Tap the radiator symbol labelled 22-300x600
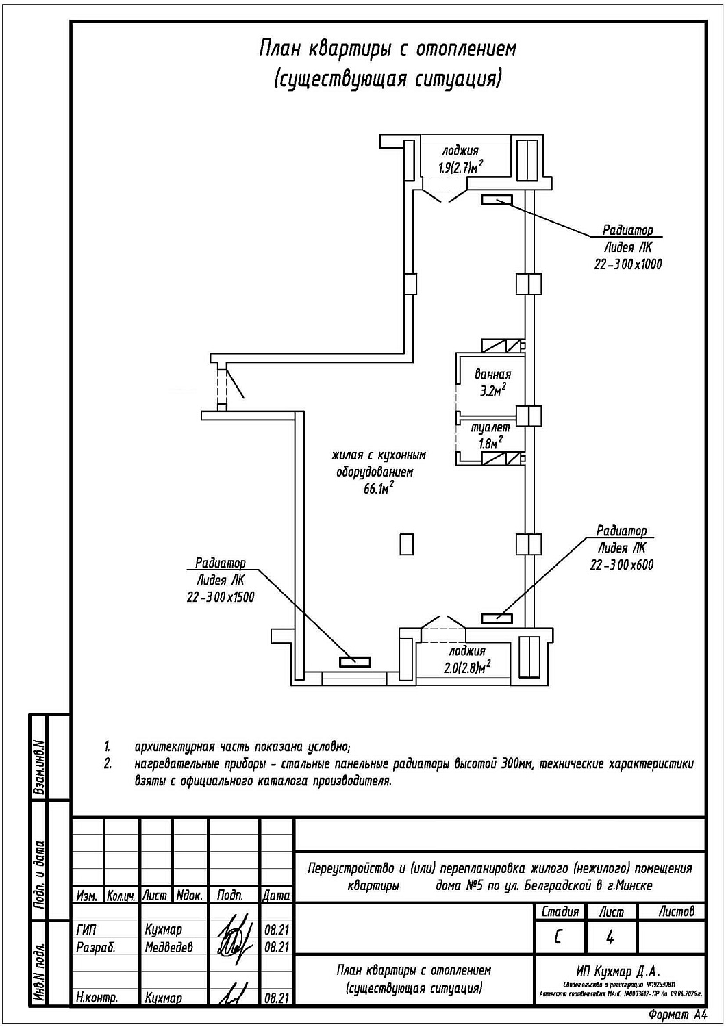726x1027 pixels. tap(497, 618)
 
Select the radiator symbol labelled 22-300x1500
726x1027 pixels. tap(355, 661)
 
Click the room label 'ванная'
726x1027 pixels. tap(493, 375)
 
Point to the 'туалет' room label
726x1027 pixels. tap(490, 427)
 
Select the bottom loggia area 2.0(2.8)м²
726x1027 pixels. tap(467, 668)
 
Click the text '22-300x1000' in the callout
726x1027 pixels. tap(627, 264)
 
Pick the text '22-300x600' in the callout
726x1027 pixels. tap(621, 565)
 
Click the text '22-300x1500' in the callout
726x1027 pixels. tap(221, 597)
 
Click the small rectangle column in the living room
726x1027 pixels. tap(407, 544)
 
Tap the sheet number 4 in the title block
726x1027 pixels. tap(610, 937)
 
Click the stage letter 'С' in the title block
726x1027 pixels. tap(559, 937)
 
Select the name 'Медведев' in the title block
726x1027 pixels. tap(168, 948)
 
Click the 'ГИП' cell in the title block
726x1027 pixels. tap(87, 930)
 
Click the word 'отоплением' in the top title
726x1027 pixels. tap(466, 49)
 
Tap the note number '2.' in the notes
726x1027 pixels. tap(108, 763)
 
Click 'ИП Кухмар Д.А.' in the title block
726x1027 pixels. tap(618, 971)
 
